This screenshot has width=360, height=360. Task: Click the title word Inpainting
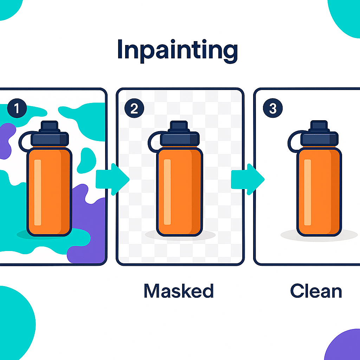tap(177, 50)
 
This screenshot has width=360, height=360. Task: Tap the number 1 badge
tap(16, 109)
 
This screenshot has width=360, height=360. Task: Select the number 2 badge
tap(134, 109)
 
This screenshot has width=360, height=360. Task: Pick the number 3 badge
tap(272, 109)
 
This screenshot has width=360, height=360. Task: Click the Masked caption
tap(179, 291)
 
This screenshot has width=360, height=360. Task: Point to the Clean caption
tap(316, 291)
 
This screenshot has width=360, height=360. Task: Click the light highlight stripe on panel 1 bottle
tap(38, 192)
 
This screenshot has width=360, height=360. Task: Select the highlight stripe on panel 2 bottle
tap(167, 192)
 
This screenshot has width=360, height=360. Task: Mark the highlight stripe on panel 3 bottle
tap(308, 192)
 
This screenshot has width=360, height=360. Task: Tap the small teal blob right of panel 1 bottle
tap(85, 160)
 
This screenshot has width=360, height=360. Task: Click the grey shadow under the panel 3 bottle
tap(348, 235)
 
